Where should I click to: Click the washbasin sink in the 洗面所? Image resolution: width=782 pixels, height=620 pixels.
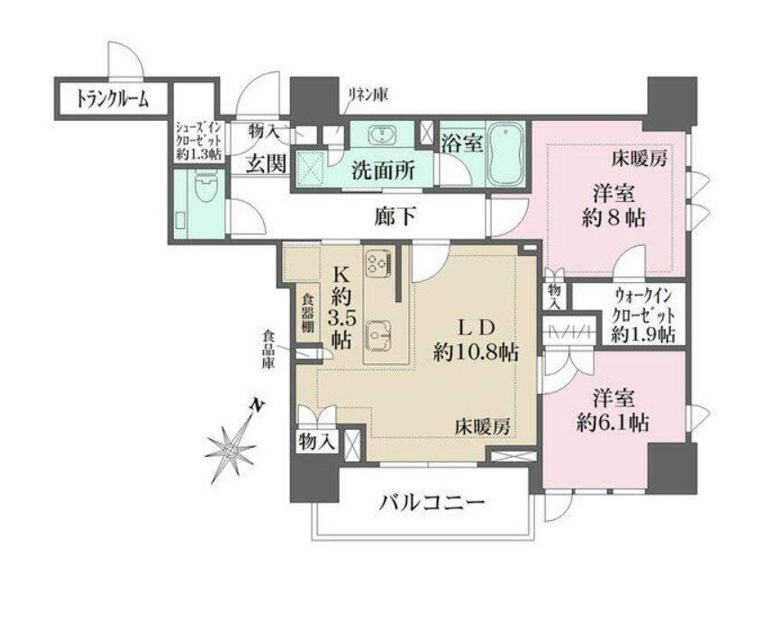(382, 136)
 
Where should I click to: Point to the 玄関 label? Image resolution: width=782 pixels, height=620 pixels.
(267, 164)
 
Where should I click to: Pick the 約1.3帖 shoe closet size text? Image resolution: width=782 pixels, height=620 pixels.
(195, 154)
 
